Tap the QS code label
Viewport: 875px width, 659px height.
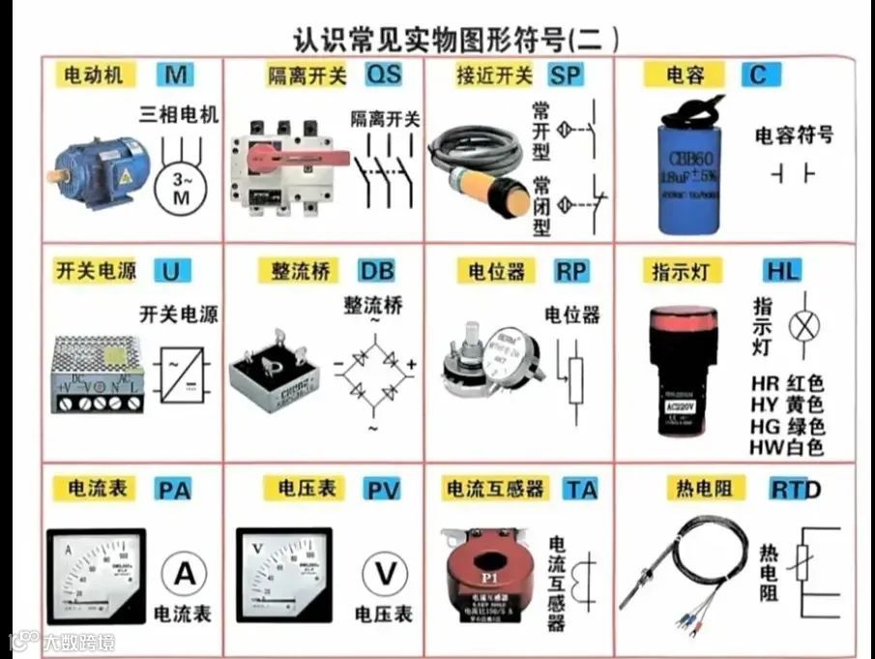pos(382,75)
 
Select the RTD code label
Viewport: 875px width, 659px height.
pos(795,490)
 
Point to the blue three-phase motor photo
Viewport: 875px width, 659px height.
pos(100,165)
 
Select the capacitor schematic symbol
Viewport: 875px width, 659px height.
pos(792,174)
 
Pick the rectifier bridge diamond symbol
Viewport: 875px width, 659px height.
pos(373,367)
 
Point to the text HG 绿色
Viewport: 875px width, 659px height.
pos(787,426)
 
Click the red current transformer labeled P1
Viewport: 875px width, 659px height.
pos(493,571)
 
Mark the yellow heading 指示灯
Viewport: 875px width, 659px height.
pos(684,271)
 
